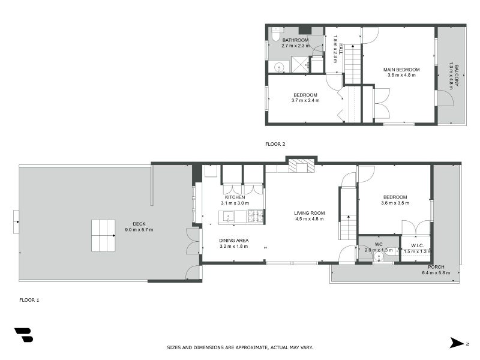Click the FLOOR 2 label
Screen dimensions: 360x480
pyautogui.click(x=275, y=144)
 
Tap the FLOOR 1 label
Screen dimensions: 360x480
pyautogui.click(x=29, y=299)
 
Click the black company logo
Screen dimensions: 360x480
pyautogui.click(x=23, y=335)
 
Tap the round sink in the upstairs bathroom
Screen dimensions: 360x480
pyautogui.click(x=279, y=67)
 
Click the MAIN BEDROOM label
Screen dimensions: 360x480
pyautogui.click(x=401, y=70)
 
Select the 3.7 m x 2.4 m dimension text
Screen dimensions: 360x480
pyautogui.click(x=305, y=101)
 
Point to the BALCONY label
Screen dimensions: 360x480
pyautogui.click(x=456, y=76)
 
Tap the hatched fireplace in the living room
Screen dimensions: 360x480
pyautogui.click(x=301, y=166)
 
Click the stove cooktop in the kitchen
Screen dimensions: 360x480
pyautogui.click(x=256, y=215)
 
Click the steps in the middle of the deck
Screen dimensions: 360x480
pyautogui.click(x=103, y=235)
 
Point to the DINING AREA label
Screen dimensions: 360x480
pyautogui.click(x=234, y=241)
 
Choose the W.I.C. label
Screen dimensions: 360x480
pyautogui.click(x=418, y=245)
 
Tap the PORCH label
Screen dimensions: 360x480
pyautogui.click(x=436, y=267)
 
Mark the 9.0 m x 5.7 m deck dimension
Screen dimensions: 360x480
pyautogui.click(x=139, y=230)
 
